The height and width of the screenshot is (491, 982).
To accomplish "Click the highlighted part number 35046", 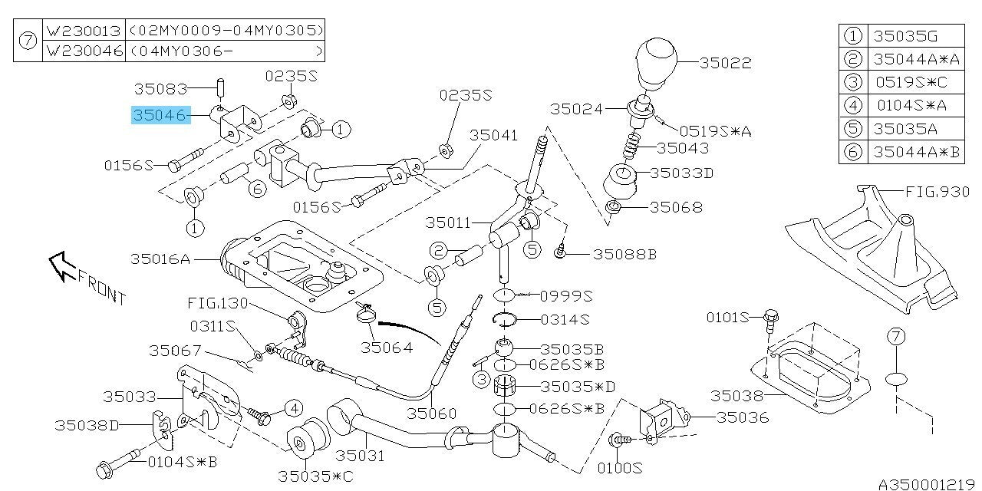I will click(160, 116).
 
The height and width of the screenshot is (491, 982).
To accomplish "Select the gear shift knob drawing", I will click(657, 65).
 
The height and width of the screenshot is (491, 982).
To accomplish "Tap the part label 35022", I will click(725, 64).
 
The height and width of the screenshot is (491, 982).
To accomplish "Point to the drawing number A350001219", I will click(928, 484).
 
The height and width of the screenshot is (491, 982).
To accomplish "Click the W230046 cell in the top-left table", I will click(84, 51).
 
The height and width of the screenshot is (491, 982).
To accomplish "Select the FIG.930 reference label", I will click(938, 191).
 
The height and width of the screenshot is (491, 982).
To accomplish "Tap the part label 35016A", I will click(160, 259).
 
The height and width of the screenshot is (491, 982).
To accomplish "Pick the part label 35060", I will click(431, 413).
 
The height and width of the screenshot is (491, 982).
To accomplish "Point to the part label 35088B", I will click(624, 254).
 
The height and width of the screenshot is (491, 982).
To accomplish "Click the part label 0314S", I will click(564, 318).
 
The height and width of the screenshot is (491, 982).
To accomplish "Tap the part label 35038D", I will click(87, 425).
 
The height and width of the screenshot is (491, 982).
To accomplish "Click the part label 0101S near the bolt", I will click(727, 316).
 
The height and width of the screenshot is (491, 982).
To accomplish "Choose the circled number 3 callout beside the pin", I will click(482, 378).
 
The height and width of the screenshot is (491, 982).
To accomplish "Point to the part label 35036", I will click(743, 418).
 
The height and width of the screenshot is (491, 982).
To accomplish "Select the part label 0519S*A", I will click(715, 132).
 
